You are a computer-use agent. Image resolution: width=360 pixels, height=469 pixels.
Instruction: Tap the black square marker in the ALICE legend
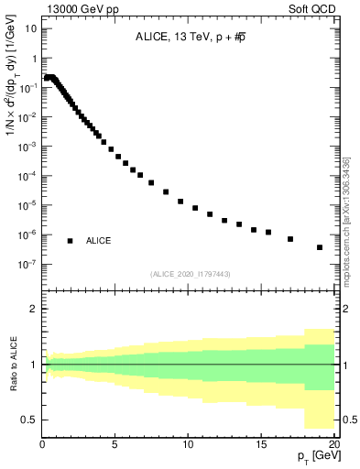(x=70, y=241)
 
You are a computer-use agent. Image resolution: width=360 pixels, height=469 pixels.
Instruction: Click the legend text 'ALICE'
(x=99, y=241)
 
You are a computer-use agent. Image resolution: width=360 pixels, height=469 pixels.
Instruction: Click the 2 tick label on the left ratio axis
(x=34, y=309)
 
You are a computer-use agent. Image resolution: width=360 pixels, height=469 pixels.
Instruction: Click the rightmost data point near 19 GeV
(x=320, y=247)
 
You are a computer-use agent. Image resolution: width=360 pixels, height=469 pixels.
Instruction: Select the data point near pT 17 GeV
(x=290, y=239)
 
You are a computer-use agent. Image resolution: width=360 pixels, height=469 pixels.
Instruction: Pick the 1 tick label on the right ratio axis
(x=344, y=365)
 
